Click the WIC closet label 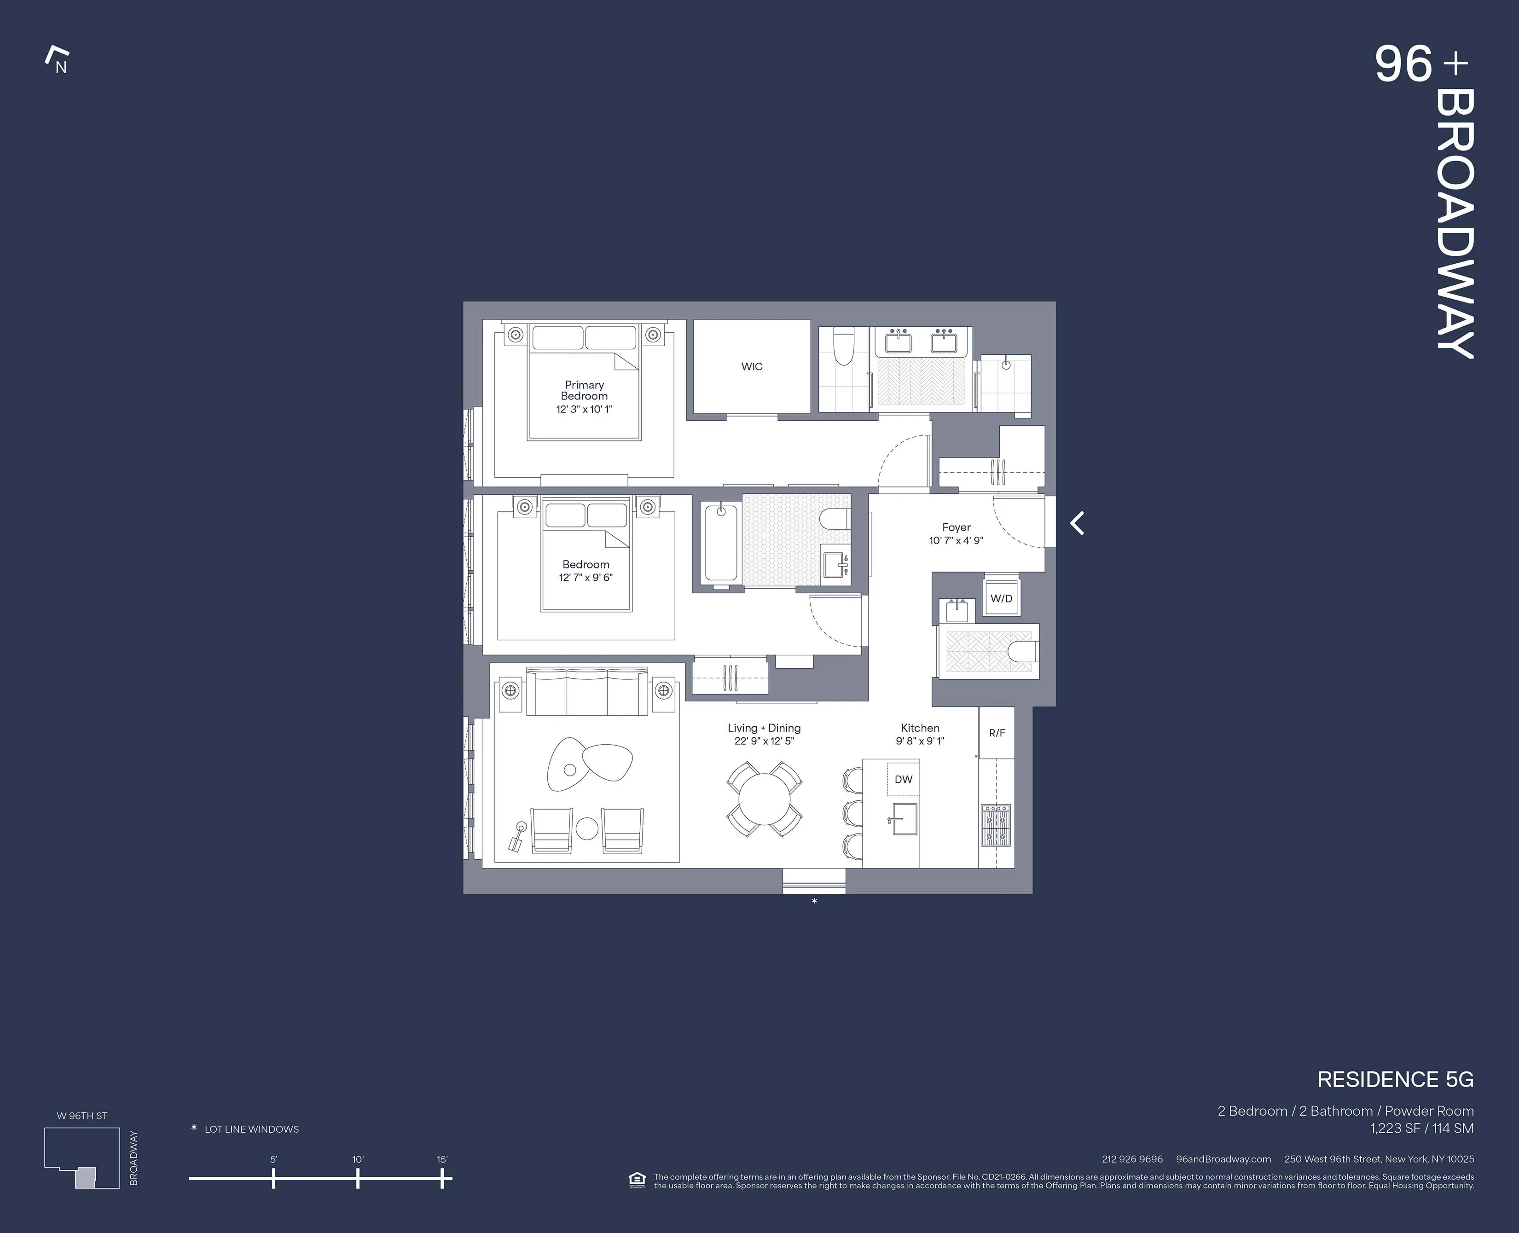(x=751, y=366)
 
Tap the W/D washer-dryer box (x=1001, y=599)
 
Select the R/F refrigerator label (x=997, y=733)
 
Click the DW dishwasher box (x=903, y=779)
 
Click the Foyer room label (x=956, y=527)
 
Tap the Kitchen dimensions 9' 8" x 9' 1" (x=920, y=741)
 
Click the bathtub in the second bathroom (x=721, y=544)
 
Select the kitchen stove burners (x=996, y=825)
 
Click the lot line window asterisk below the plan (x=815, y=901)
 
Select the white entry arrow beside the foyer (x=1077, y=523)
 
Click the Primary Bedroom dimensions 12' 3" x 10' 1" (x=584, y=409)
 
